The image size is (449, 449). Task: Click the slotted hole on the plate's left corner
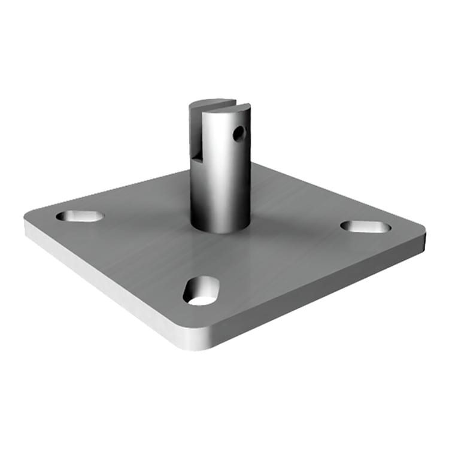point(80,216)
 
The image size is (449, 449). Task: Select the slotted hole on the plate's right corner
point(365,226)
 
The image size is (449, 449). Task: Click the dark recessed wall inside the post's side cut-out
point(195,132)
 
